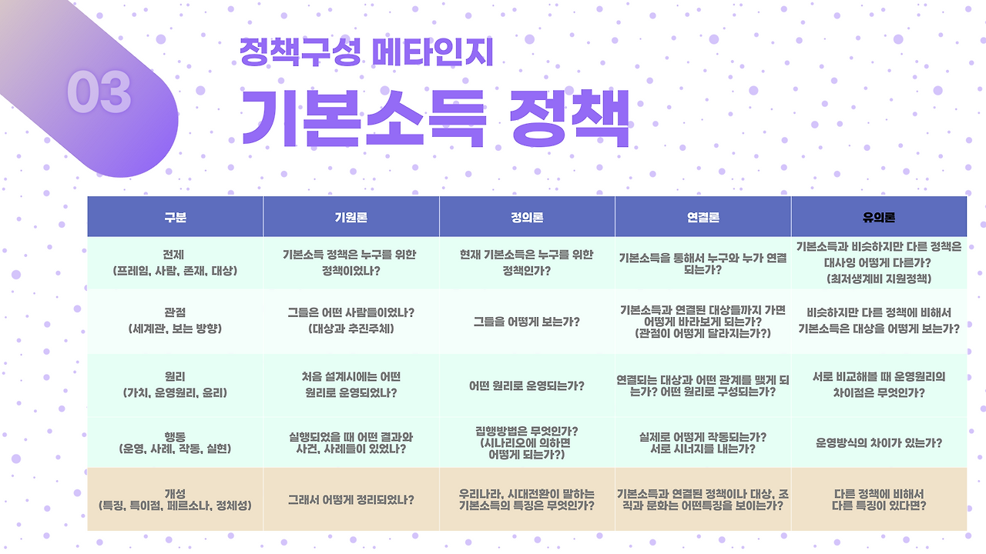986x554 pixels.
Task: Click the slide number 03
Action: pyautogui.click(x=99, y=92)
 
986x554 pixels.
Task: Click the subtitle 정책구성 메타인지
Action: pyautogui.click(x=366, y=52)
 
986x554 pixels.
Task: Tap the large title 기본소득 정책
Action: pyautogui.click(x=436, y=118)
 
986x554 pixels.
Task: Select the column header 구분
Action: pyautogui.click(x=175, y=217)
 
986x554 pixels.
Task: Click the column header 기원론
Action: pyautogui.click(x=350, y=217)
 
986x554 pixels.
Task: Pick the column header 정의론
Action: pyautogui.click(x=527, y=217)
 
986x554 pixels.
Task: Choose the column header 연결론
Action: pyautogui.click(x=703, y=217)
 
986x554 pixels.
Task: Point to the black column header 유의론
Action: pyautogui.click(x=879, y=217)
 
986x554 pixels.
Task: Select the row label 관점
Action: pyautogui.click(x=175, y=312)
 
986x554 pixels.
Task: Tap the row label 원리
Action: pyautogui.click(x=175, y=377)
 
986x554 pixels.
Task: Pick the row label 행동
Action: pyautogui.click(x=175, y=436)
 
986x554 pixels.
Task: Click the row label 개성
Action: pyautogui.click(x=175, y=494)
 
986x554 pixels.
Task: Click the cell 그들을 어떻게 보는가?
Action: pyautogui.click(x=527, y=322)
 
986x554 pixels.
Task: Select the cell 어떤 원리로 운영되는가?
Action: pyautogui.click(x=527, y=386)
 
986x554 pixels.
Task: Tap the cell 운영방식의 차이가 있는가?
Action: pyautogui.click(x=879, y=442)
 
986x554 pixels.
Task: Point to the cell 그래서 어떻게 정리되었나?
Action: pyautogui.click(x=350, y=500)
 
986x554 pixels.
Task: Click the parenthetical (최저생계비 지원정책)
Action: pyautogui.click(x=879, y=279)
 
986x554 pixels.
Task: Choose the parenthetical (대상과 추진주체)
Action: pyautogui.click(x=350, y=329)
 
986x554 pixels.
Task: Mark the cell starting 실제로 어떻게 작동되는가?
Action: pyautogui.click(x=703, y=442)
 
